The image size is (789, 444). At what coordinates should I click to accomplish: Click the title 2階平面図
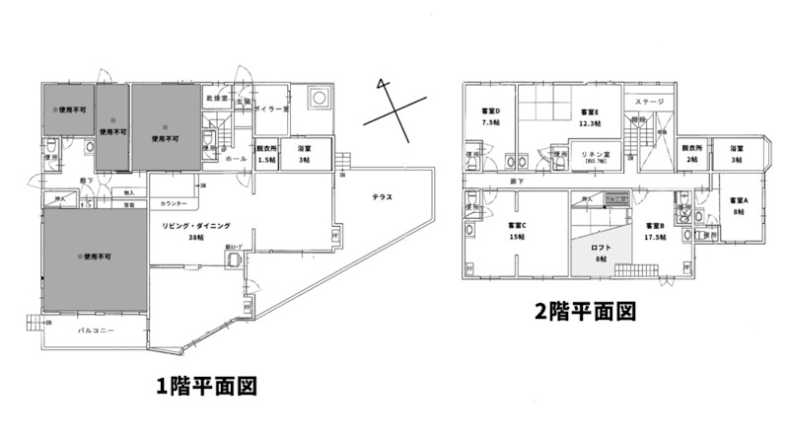(x=584, y=312)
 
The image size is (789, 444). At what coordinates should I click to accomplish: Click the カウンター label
(x=172, y=203)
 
